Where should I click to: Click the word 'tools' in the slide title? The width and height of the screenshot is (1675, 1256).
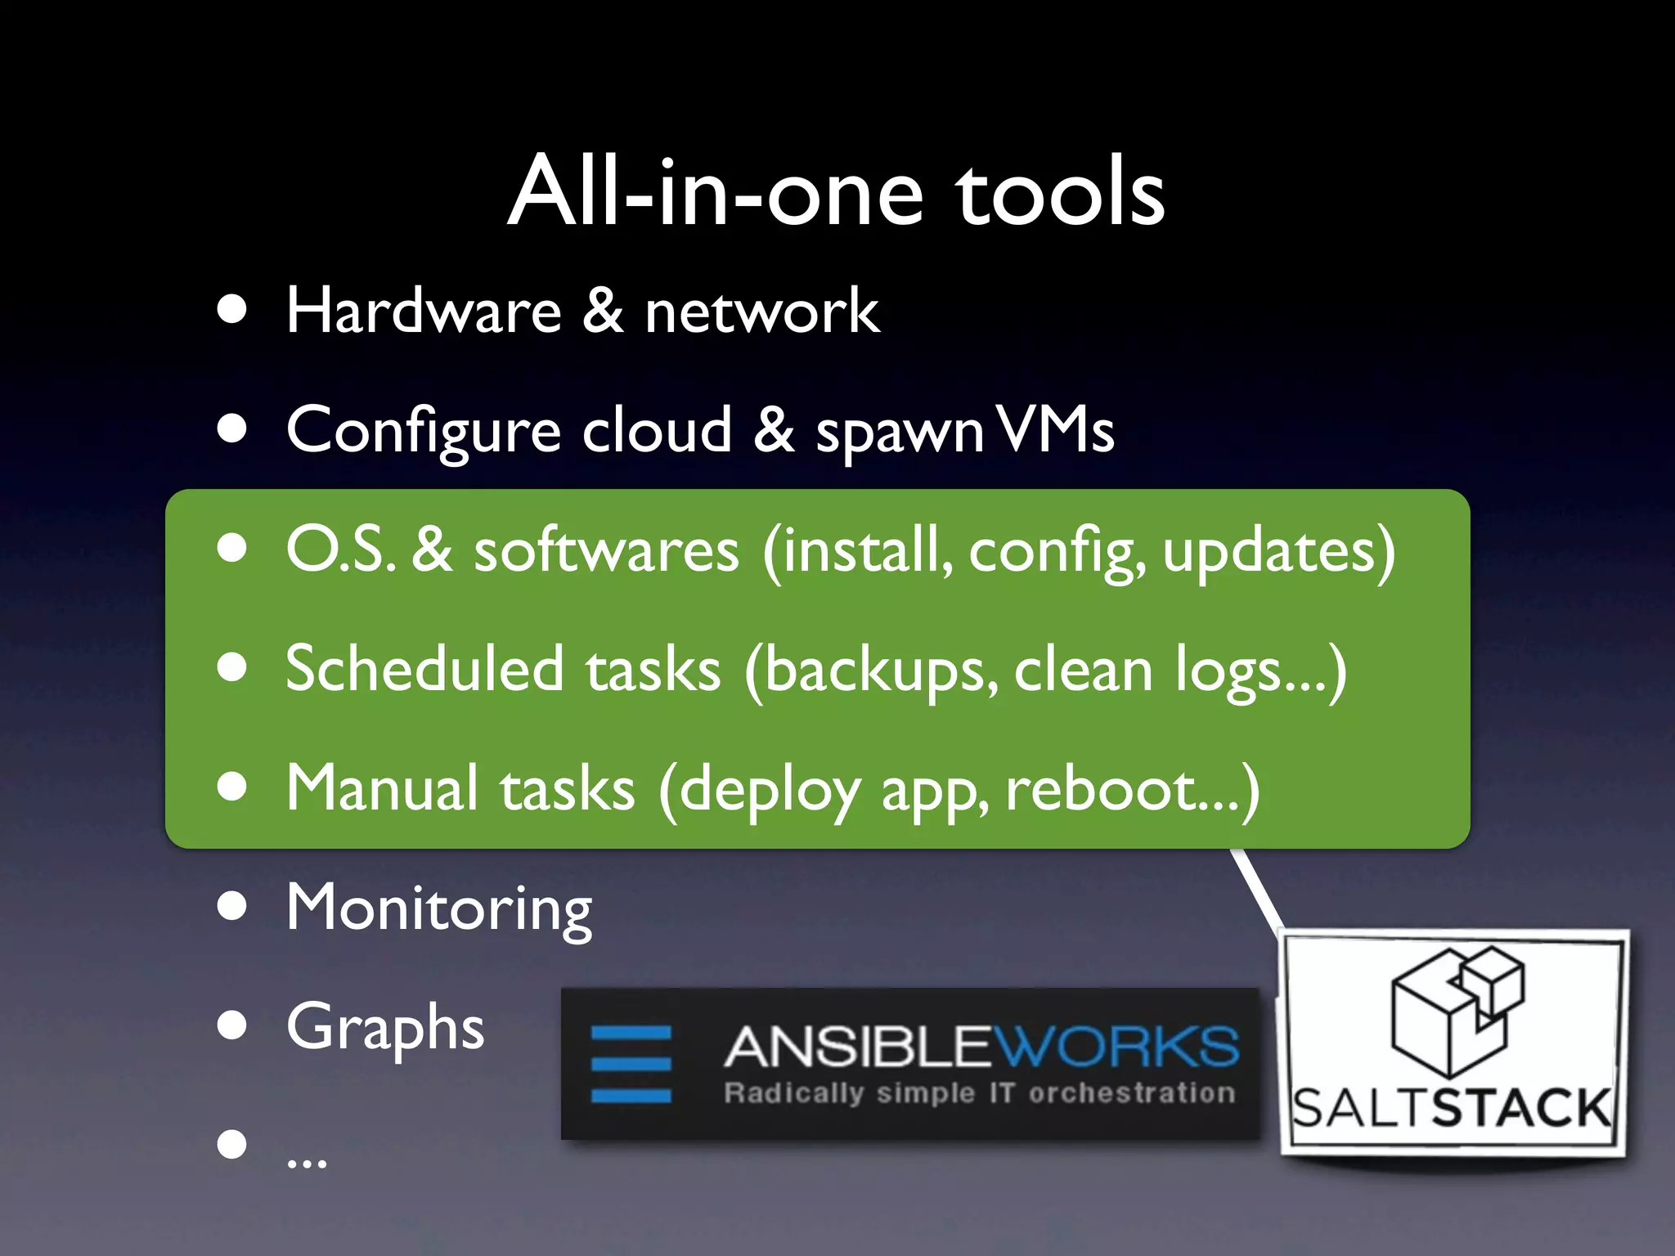(x=1061, y=193)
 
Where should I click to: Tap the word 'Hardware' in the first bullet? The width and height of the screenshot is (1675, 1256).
(x=424, y=312)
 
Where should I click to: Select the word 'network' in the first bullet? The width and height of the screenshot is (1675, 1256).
(x=761, y=312)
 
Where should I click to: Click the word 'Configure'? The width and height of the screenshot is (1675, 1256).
(x=423, y=432)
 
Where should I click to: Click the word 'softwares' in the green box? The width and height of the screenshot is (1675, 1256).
(x=606, y=550)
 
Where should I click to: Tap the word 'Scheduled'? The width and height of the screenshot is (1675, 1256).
(x=424, y=669)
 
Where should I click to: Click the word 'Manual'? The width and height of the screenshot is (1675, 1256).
(x=382, y=788)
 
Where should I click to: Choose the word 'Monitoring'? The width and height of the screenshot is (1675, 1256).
(x=438, y=908)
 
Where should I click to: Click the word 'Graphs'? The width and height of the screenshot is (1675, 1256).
(x=385, y=1028)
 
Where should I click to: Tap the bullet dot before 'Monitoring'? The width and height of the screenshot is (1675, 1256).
(x=233, y=906)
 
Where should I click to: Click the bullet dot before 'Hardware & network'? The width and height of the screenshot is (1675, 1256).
(x=233, y=310)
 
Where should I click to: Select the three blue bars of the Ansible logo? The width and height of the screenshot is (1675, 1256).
(x=631, y=1063)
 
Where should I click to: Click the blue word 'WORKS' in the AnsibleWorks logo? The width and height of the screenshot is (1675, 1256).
(x=1116, y=1047)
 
